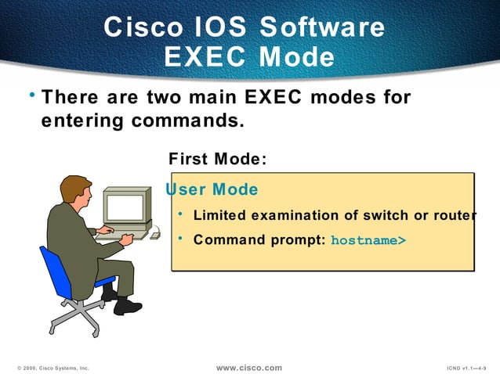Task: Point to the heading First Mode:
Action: (x=218, y=159)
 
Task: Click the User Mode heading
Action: (x=212, y=189)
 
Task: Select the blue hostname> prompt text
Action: (x=368, y=240)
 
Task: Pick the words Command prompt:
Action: (x=259, y=240)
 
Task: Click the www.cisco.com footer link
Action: (x=248, y=367)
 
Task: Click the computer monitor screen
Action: (x=125, y=207)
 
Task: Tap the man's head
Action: (x=76, y=191)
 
